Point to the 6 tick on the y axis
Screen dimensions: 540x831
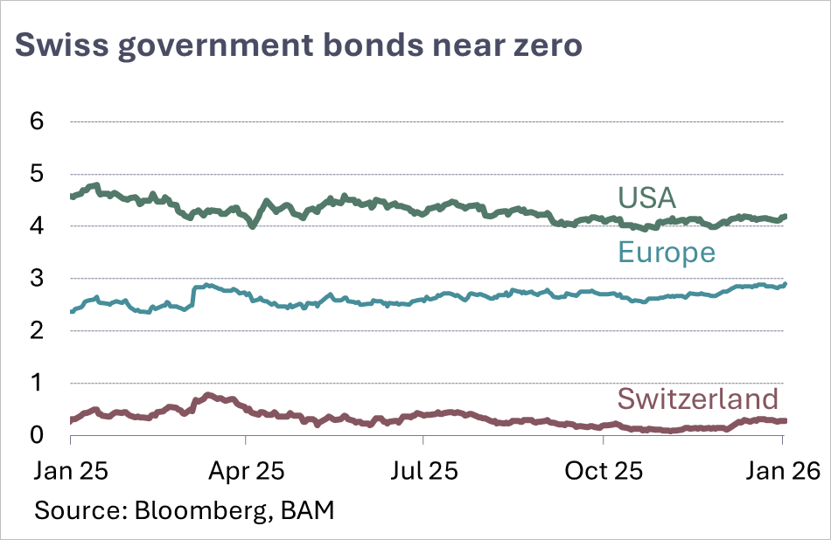pos(36,122)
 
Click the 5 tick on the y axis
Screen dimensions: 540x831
pos(36,175)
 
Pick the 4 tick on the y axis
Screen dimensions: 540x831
pos(36,226)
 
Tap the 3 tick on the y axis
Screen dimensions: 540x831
pos(36,279)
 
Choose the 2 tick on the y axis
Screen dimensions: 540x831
pos(36,331)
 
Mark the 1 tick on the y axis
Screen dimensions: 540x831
pos(36,384)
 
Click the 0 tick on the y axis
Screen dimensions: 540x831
pos(36,435)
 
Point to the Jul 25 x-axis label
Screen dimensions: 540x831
pos(427,472)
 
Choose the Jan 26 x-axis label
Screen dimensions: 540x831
pos(780,472)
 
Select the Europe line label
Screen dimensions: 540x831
pos(667,253)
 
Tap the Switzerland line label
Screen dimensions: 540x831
pos(697,398)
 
